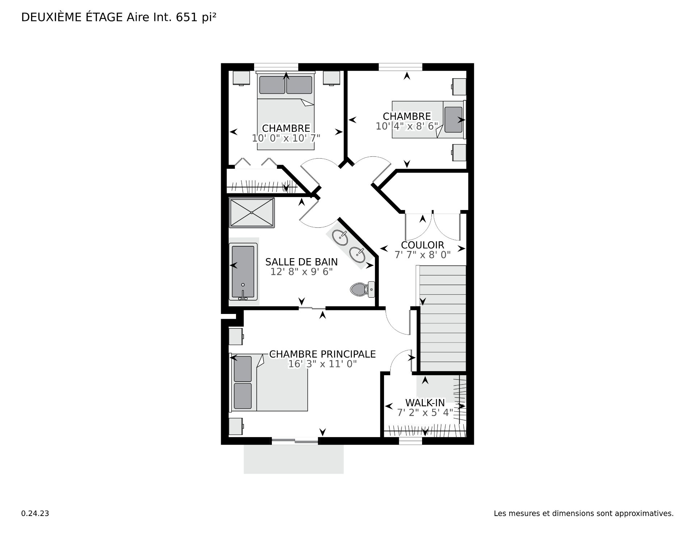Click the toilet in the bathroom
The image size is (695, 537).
[362, 289]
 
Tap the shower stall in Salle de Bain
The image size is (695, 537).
[252, 213]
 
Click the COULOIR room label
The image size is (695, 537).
[422, 245]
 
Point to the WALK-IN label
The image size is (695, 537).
[425, 403]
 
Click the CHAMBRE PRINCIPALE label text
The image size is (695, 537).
[323, 354]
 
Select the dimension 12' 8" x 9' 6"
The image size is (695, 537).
[302, 272]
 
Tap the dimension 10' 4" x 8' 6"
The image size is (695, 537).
[407, 126]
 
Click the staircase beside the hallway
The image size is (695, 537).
[442, 318]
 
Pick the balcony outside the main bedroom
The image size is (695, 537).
[294, 459]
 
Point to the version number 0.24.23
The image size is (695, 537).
[35, 513]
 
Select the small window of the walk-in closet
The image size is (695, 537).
[410, 441]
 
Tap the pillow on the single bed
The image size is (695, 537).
[454, 119]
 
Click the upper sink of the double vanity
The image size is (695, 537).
[340, 238]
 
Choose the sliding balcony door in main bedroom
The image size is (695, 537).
[295, 441]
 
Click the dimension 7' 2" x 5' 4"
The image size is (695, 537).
[425, 412]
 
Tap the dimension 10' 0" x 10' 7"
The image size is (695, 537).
[286, 138]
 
